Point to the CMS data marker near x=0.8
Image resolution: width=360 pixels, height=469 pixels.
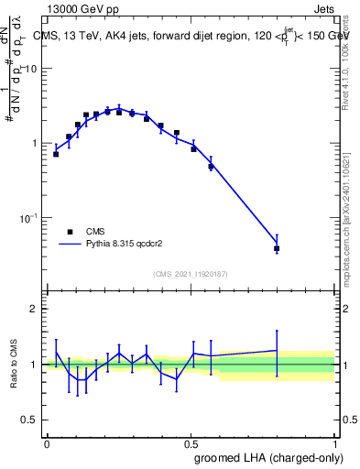(x=277, y=248)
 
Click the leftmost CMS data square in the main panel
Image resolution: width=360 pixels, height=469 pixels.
(x=56, y=154)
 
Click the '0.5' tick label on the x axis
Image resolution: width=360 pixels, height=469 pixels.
(x=191, y=442)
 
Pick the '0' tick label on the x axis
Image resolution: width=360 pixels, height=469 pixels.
(x=47, y=442)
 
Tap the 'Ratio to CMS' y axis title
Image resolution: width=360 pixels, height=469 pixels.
(x=14, y=364)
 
